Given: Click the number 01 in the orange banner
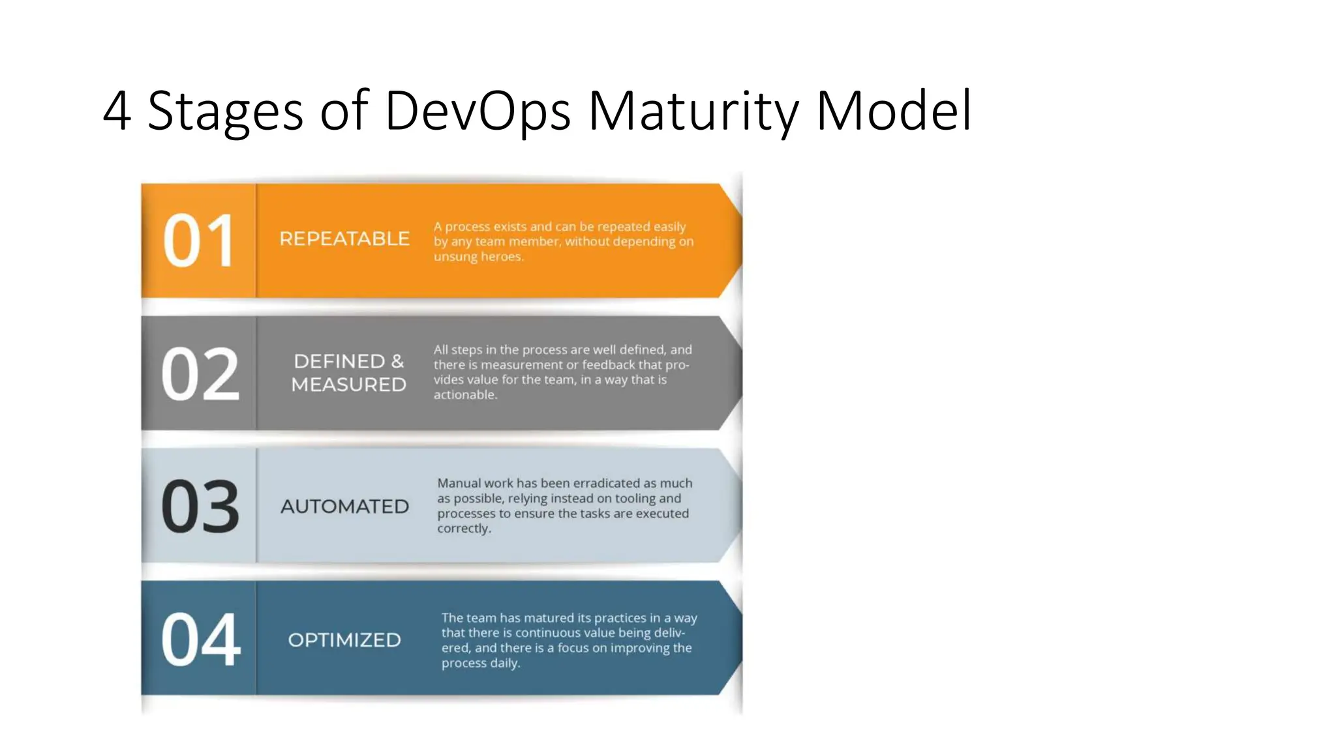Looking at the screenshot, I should (x=198, y=241).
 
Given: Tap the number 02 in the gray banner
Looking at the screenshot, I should (x=200, y=374).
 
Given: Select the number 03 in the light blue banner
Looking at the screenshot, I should (x=200, y=507).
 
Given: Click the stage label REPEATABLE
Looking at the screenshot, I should (x=344, y=239).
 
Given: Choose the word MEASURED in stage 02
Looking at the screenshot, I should (x=348, y=385).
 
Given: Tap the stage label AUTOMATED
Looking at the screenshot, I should (x=344, y=507).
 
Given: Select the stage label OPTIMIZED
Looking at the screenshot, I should (x=344, y=640).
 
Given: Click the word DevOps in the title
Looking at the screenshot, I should (x=478, y=111).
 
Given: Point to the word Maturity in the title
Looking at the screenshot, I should (x=693, y=111).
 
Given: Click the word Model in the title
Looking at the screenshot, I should (x=894, y=111).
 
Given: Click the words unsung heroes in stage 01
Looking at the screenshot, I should (x=478, y=257).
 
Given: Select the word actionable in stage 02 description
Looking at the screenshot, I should (x=464, y=395).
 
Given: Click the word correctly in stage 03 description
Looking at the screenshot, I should (x=463, y=529).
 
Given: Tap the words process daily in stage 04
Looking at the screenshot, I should (x=480, y=663).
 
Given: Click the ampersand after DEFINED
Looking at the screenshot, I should (x=397, y=361).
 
